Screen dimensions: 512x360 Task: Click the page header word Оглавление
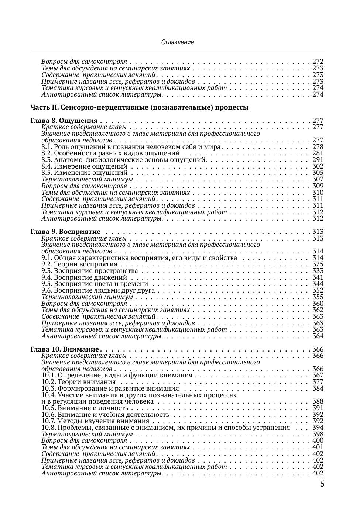tap(177, 42)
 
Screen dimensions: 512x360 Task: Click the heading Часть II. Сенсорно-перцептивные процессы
tap(139, 108)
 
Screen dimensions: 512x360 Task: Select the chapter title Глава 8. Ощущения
tap(64, 121)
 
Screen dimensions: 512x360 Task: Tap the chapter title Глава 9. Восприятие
tap(65, 232)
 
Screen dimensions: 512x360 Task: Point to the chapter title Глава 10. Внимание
tap(65, 349)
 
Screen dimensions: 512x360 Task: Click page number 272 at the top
tap(318, 62)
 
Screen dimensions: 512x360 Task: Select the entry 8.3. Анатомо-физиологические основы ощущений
tap(123, 160)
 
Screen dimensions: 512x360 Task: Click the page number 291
tap(318, 160)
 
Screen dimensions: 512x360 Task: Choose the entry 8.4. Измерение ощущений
tap(85, 166)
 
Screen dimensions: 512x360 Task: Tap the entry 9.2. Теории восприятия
tap(79, 264)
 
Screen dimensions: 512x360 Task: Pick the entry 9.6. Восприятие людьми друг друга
tap(98, 290)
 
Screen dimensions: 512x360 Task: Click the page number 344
tap(318, 284)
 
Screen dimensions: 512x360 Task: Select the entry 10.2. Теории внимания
tap(79, 382)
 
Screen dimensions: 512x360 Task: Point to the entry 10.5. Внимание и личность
tap(85, 408)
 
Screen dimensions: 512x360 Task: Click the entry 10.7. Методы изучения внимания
tap(95, 421)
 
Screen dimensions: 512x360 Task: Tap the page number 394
tap(318, 428)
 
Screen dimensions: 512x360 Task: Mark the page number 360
tap(318, 304)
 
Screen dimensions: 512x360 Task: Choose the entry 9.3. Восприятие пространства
tap(90, 271)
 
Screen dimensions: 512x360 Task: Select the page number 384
tap(318, 388)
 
